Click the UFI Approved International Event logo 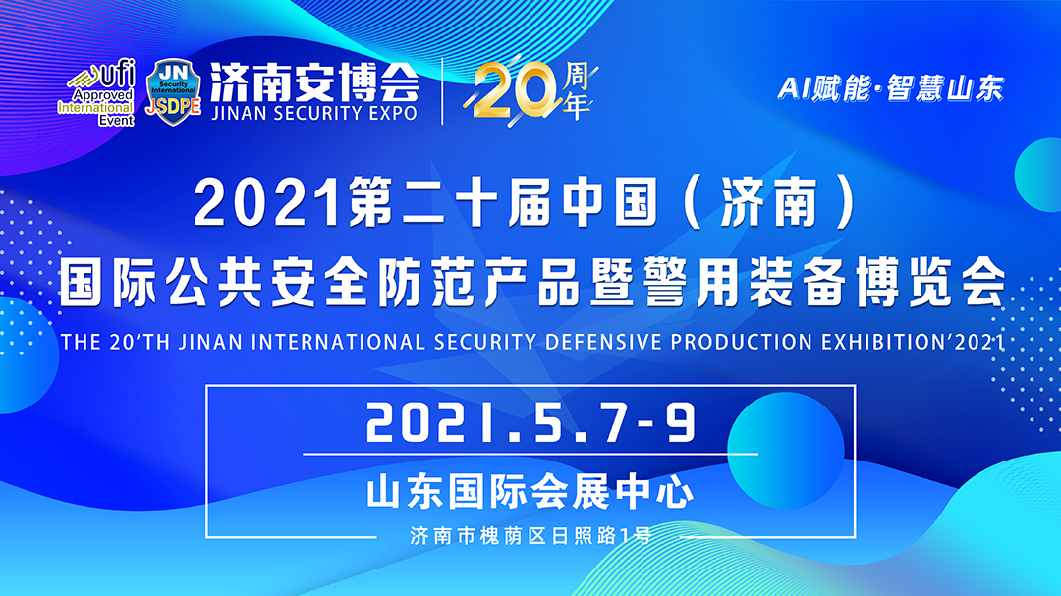[x=96, y=92]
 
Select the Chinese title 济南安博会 [x=314, y=82]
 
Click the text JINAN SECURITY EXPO [x=314, y=113]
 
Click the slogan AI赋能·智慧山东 [x=891, y=88]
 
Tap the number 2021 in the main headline [x=267, y=203]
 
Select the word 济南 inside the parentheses [x=768, y=203]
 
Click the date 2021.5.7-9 [x=530, y=423]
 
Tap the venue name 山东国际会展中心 [x=530, y=492]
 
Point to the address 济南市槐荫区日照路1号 [x=530, y=536]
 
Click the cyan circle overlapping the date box [x=785, y=451]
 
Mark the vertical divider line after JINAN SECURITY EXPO [x=442, y=91]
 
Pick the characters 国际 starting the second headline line [x=108, y=282]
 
